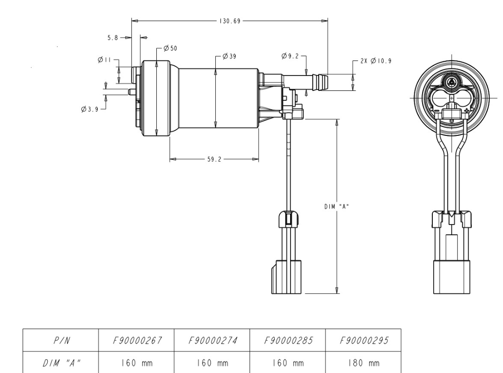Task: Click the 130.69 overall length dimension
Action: coord(230,21)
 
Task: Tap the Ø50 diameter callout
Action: coord(170,48)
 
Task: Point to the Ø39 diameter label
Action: coord(228,56)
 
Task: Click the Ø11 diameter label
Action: coord(104,60)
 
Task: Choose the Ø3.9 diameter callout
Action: coord(89,109)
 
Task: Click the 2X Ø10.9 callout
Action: coord(376,61)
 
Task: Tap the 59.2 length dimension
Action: coord(213,159)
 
